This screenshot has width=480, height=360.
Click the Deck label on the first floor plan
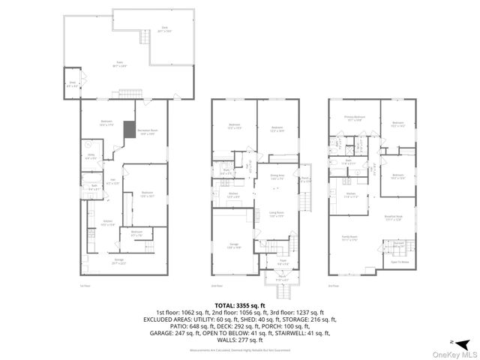[x=163, y=30]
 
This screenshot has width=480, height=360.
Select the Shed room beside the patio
[x=73, y=84]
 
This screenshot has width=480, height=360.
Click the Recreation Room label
[x=146, y=132]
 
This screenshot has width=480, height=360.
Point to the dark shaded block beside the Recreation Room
[x=129, y=128]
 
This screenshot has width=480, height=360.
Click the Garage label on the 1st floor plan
[x=118, y=261]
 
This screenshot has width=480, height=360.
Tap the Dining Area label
[x=277, y=177]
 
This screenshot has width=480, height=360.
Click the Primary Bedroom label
[x=355, y=118]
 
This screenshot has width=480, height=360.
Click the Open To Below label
[x=399, y=262]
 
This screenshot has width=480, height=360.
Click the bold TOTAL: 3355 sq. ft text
[x=239, y=305]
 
